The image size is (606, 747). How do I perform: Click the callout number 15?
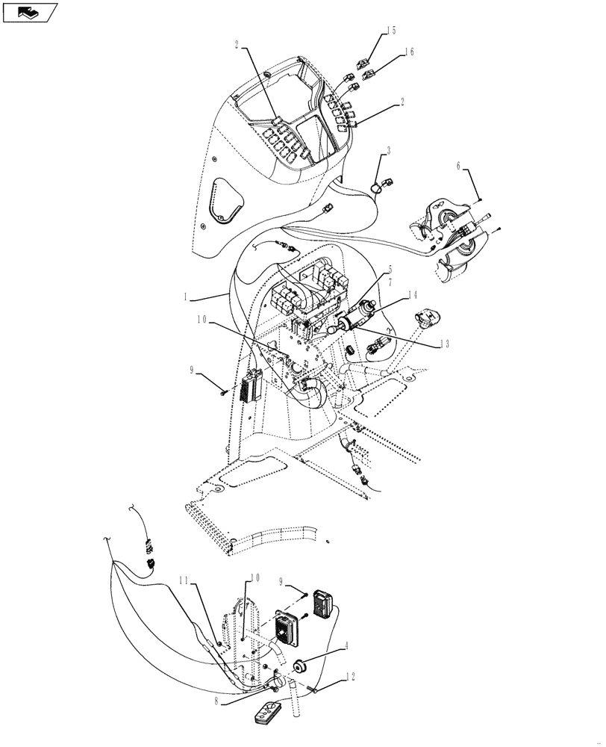coord(391,31)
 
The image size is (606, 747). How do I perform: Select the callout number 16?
coord(408,52)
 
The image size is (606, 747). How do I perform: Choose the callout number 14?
coord(412,297)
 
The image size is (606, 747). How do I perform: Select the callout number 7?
coord(389,284)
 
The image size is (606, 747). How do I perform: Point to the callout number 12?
coord(350,677)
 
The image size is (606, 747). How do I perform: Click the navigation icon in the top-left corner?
coord(29,11)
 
